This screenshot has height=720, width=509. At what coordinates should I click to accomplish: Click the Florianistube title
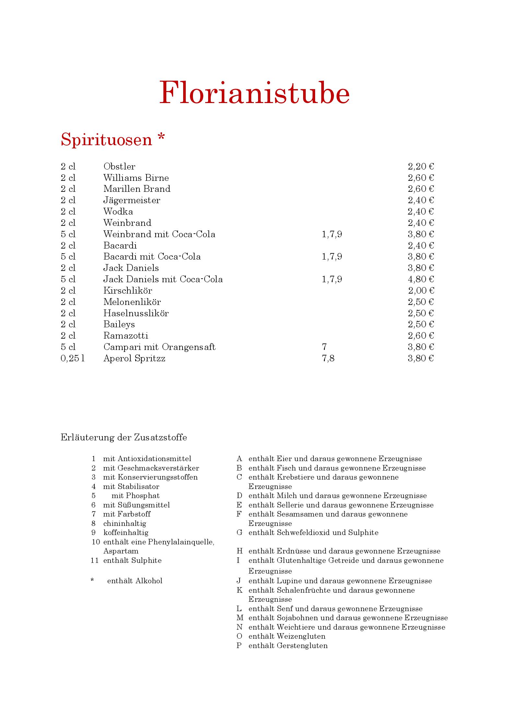(254, 93)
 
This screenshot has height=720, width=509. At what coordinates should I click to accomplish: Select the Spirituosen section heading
(113, 139)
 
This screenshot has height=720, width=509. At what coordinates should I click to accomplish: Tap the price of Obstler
(420, 167)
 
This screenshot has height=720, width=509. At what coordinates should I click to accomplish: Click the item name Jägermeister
(132, 200)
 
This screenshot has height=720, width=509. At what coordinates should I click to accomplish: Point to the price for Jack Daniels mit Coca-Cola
(420, 279)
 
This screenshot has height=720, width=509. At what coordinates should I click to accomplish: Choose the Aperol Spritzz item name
(134, 358)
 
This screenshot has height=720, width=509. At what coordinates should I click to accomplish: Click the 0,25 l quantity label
(73, 358)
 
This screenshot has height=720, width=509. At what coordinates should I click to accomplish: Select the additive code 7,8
(328, 358)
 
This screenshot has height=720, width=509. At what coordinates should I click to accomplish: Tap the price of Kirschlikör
(420, 291)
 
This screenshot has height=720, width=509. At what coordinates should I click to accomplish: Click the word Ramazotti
(126, 336)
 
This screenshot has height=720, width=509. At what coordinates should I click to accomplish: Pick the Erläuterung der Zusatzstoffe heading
(124, 437)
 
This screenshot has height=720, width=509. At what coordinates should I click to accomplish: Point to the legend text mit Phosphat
(136, 496)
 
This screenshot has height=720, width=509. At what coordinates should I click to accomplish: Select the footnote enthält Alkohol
(135, 581)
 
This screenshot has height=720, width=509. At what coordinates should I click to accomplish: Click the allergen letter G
(240, 532)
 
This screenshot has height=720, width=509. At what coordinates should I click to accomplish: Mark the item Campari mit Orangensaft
(159, 347)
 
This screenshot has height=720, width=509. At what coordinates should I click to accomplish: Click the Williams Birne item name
(136, 178)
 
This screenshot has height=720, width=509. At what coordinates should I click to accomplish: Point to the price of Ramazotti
(420, 336)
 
